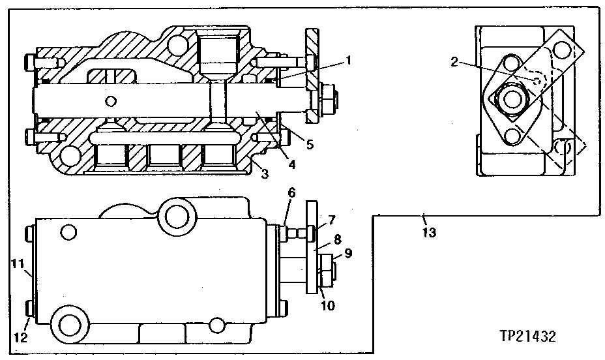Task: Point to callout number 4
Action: (x=292, y=164)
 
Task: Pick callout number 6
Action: (x=291, y=193)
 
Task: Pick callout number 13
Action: (x=429, y=232)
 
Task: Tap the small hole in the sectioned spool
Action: (x=113, y=100)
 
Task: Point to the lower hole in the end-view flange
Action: (x=513, y=137)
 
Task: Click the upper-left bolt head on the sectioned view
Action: (x=27, y=63)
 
